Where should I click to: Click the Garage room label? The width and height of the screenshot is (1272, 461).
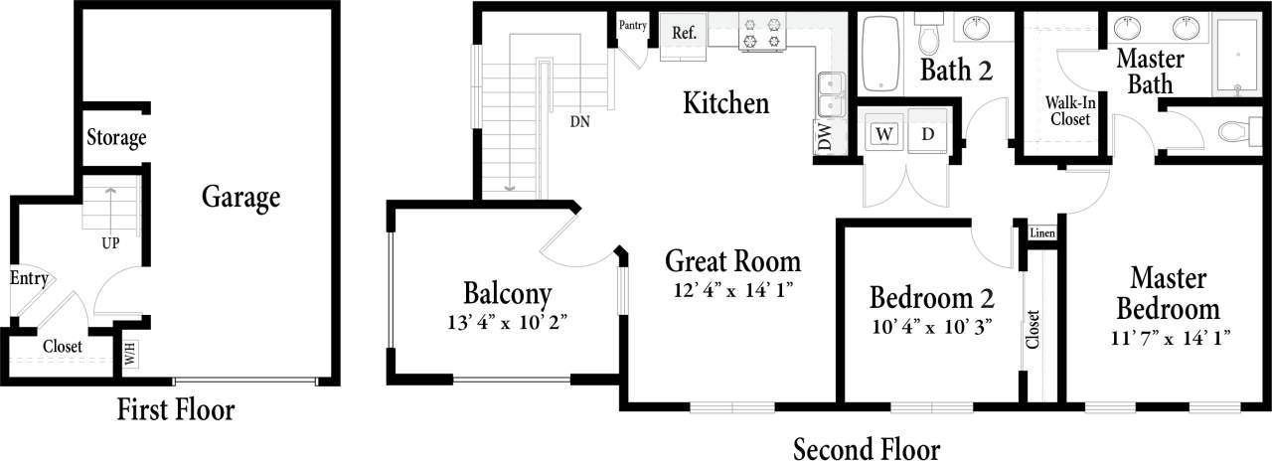240,197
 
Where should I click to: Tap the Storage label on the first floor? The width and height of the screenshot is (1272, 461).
116,138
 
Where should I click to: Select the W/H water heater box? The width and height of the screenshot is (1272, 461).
131,352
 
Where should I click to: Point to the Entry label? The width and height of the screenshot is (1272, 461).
29,278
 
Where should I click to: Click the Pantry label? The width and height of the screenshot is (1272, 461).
632,25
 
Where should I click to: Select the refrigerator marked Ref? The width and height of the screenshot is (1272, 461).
684,33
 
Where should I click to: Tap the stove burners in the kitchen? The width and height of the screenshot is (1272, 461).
761,32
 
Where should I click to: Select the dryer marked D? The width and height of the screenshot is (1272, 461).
928,134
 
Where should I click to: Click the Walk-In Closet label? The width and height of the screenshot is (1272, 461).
1067,110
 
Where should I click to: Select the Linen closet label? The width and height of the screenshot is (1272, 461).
1041,234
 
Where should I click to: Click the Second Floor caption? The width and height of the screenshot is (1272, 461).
866,448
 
